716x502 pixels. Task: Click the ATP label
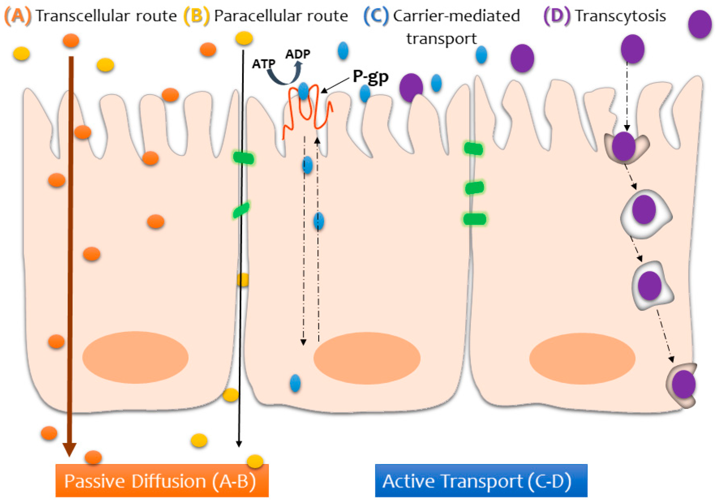coord(263,64)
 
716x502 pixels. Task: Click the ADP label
coord(297,54)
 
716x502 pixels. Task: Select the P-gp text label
coord(370,76)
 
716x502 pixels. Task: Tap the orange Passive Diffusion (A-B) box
coord(162,480)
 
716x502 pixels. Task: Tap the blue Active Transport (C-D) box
coord(481,480)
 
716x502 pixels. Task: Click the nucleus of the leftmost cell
coord(135,357)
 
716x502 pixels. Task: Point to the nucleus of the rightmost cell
coord(582,359)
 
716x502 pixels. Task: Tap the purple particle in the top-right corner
coord(700,24)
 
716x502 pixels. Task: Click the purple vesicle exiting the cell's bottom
coord(683,384)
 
